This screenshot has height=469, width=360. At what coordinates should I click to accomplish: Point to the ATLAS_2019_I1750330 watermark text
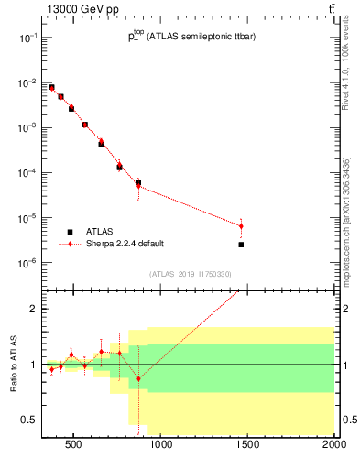[191, 274]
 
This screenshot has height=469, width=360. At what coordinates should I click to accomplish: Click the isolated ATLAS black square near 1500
[241, 245]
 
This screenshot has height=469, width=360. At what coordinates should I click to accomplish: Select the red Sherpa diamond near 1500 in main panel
[241, 226]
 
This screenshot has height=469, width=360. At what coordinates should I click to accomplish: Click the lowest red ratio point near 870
[138, 378]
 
